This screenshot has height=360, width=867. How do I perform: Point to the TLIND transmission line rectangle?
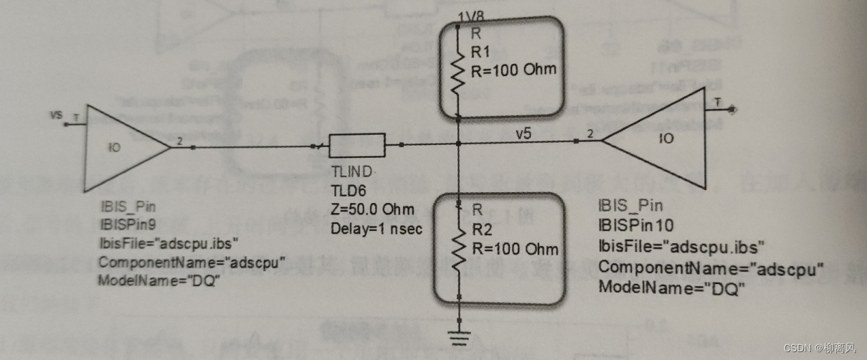[357, 147]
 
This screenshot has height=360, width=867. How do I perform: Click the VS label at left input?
[56, 115]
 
